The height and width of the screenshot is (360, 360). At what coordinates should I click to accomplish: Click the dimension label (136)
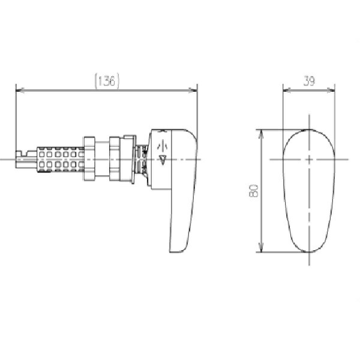[x=107, y=81]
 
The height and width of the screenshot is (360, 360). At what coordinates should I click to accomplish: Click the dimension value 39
[x=309, y=81]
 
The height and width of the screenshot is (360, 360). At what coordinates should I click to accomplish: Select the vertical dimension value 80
[x=253, y=191]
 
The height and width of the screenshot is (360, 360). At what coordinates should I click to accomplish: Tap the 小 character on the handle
[x=163, y=146]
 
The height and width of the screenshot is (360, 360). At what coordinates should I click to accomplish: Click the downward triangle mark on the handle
[x=163, y=160]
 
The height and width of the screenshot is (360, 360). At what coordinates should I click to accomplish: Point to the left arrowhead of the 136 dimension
[x=20, y=91]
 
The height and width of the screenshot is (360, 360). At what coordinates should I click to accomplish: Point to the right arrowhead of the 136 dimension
[x=193, y=91]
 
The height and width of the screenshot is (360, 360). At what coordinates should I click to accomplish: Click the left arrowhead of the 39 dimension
[x=287, y=91]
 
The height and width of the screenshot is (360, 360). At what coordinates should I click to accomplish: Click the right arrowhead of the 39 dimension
[x=331, y=91]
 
